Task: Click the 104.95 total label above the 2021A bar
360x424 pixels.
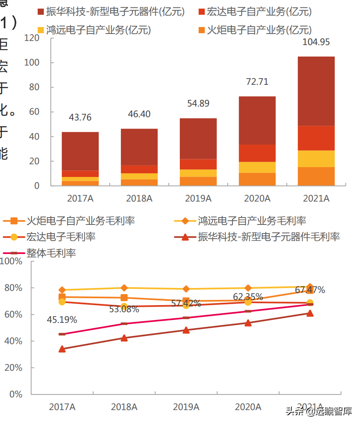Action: click(316, 42)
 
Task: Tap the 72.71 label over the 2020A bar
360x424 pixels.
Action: click(257, 82)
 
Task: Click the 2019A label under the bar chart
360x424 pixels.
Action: click(198, 199)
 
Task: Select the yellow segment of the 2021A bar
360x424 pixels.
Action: click(316, 159)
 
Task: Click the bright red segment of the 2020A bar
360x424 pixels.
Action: click(257, 153)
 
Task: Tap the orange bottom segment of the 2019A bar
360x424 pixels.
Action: click(198, 181)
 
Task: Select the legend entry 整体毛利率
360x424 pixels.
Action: click(51, 253)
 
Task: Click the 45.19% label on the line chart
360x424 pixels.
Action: click(62, 320)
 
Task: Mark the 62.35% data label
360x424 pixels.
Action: click(248, 297)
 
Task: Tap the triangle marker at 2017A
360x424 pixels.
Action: click(62, 349)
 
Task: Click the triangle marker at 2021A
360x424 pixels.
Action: click(310, 313)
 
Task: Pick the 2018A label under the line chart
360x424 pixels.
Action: click(124, 407)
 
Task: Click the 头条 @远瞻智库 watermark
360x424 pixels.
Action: click(319, 411)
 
